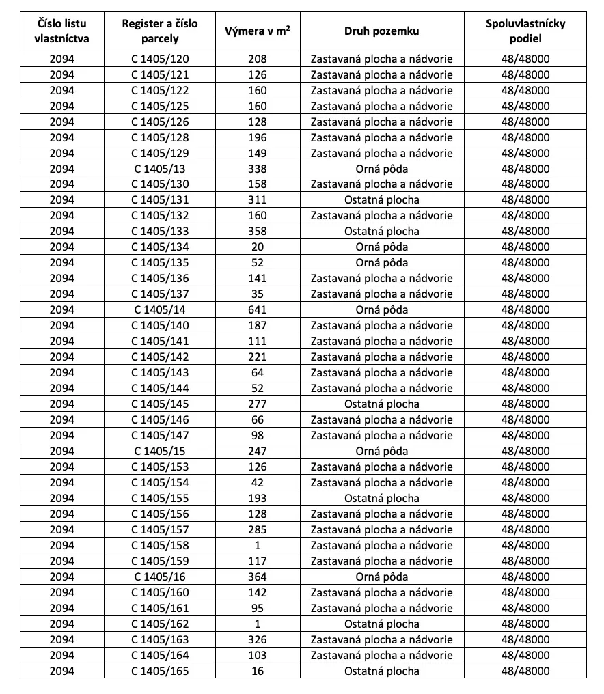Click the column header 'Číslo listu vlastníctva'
pos(61,31)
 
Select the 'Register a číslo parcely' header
pos(160,31)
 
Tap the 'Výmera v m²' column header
pos(258,31)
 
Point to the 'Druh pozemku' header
pos(381,31)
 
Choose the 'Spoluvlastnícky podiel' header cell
pos(525,31)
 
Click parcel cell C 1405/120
pos(160,59)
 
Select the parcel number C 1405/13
pos(160,169)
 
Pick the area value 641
pos(258,309)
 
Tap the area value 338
pos(258,169)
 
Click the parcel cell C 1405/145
pos(160,404)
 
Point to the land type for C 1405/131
pos(381,200)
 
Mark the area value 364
pos(258,577)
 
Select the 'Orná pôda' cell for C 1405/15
pos(381,451)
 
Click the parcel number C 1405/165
pos(160,671)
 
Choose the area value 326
pos(258,639)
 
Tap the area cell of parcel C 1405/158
pos(258,545)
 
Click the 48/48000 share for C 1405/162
pos(525,624)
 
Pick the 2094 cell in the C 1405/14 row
pos(61,309)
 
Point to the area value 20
pos(258,247)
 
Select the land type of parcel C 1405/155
pos(381,498)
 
